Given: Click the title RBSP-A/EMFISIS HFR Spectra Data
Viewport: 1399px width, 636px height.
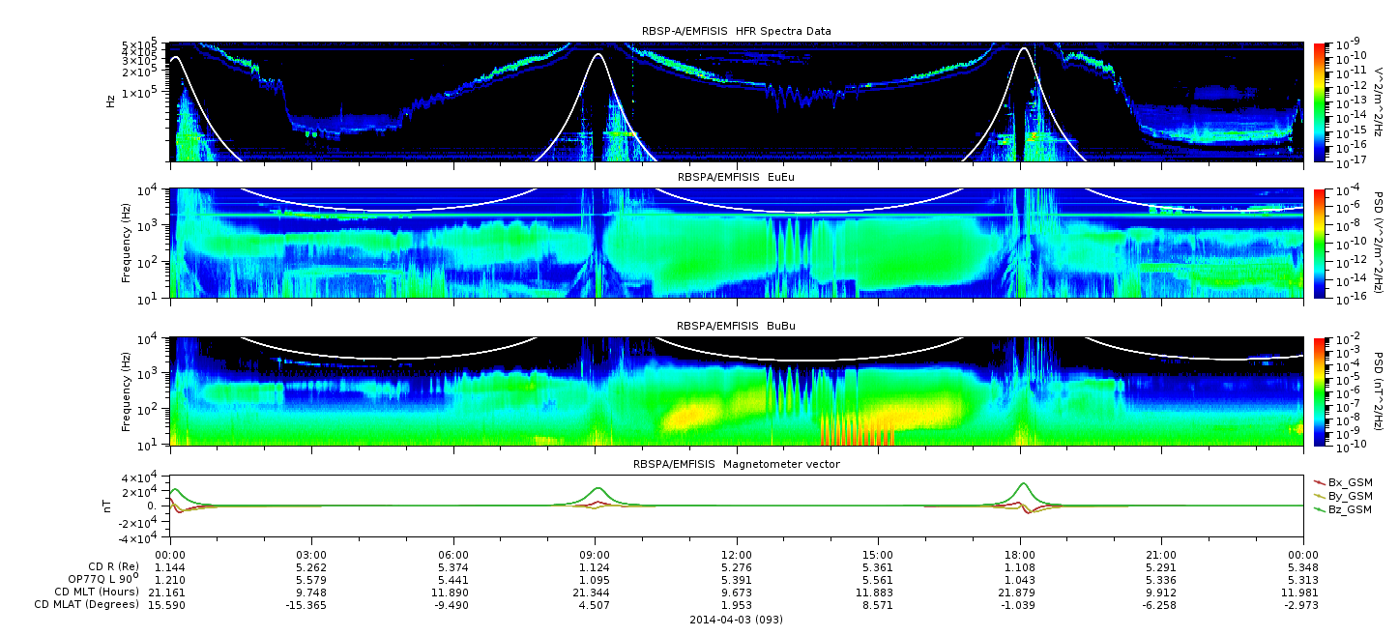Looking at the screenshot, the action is tap(736, 31).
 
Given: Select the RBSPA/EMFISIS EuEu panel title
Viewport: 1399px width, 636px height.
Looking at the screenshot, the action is tap(736, 177).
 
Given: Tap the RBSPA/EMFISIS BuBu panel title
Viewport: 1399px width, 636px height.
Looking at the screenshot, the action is tap(736, 326).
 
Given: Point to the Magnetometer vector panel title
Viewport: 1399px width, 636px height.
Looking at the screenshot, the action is tap(737, 464).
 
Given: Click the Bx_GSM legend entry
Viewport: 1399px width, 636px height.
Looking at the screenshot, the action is tap(1344, 482).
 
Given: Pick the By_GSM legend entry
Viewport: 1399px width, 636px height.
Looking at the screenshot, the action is tap(1344, 496).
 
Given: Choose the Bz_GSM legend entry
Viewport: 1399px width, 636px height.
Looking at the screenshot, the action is tap(1344, 510).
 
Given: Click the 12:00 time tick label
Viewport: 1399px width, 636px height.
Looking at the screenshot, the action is tap(737, 556).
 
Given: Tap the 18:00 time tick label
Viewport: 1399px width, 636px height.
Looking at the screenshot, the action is tap(1020, 556).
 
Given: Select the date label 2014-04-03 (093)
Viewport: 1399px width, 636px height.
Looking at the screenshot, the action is tap(737, 620).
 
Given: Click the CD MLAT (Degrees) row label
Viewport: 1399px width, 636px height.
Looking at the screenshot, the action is tap(86, 604).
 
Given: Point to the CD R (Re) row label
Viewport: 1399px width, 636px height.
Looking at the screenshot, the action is tap(113, 566).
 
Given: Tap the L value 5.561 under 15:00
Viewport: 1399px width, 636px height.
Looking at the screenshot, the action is tap(878, 581).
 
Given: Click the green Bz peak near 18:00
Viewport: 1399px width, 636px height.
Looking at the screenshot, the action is tap(1023, 483).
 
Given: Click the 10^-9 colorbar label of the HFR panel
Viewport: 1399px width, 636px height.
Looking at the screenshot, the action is tap(1349, 44).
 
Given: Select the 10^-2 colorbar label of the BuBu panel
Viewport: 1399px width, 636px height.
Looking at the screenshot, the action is tap(1349, 339).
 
